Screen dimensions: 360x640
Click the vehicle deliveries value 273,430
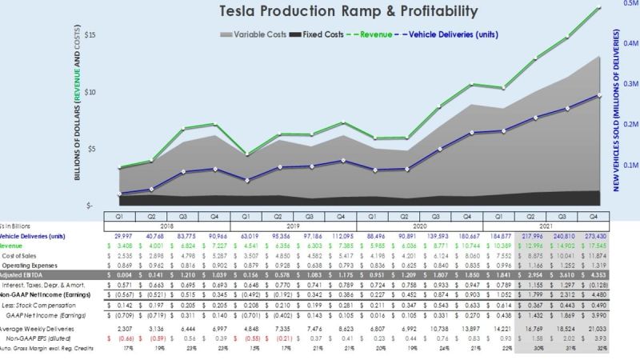593,236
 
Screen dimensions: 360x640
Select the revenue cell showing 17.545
593,246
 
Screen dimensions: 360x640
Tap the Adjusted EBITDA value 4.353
593,274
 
